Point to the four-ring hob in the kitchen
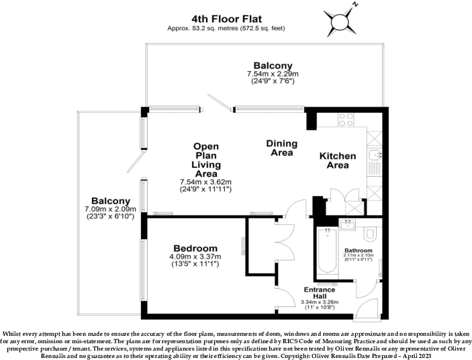point(346,120)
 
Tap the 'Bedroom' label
point(195,247)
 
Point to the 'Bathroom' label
point(359,251)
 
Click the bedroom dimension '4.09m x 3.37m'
point(195,257)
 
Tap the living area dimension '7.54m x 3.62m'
point(205,182)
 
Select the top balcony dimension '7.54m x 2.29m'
point(271,74)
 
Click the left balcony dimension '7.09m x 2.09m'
point(111,209)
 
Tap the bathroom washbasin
point(348,225)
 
